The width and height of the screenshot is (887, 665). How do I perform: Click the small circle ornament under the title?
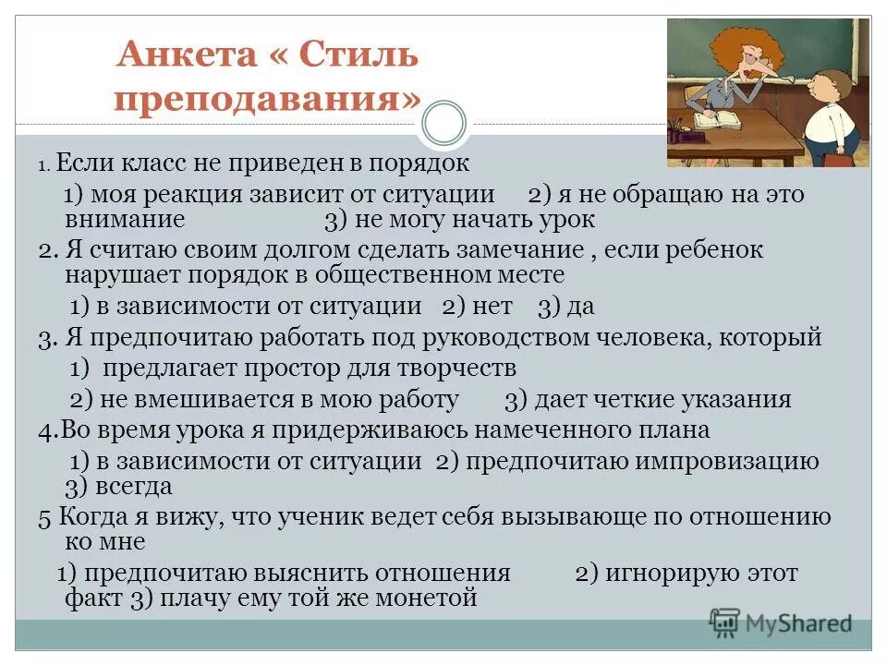[444, 124]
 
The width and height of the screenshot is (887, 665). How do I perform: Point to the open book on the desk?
[721, 119]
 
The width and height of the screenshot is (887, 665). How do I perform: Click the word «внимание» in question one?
[126, 220]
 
